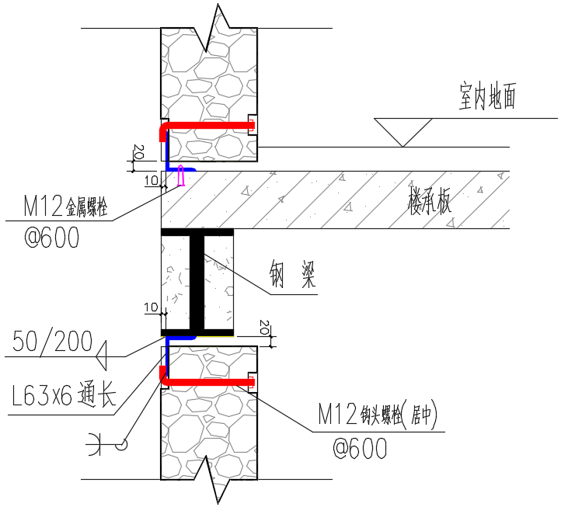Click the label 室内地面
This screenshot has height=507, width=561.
(487, 98)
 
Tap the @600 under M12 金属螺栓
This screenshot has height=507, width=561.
(52, 238)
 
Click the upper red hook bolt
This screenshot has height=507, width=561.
(210, 125)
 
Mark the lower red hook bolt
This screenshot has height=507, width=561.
(210, 381)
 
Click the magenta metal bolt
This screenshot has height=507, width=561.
(181, 176)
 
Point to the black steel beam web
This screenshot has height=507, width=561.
(197, 282)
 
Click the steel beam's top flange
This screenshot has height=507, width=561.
(197, 231)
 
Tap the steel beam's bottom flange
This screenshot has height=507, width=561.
(197, 332)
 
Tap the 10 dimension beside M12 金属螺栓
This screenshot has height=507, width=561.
(152, 181)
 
